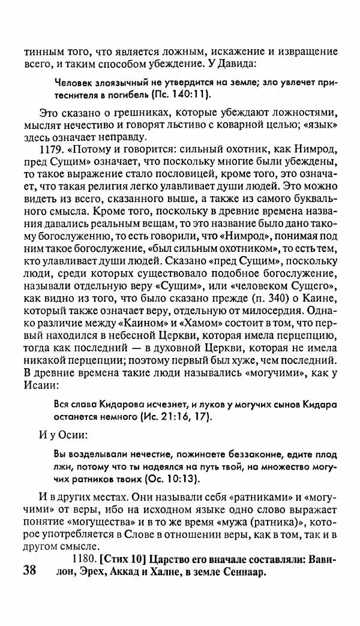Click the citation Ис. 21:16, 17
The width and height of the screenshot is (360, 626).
click(175, 416)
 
